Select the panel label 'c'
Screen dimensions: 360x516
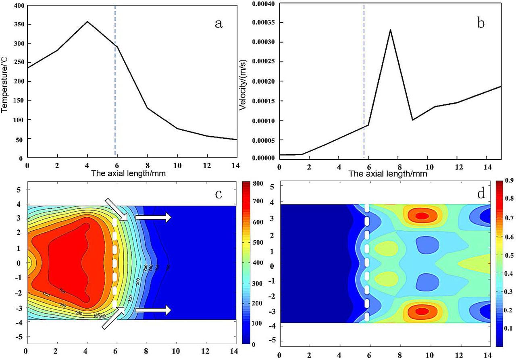tap(219, 194)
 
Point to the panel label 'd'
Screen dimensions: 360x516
tap(481, 194)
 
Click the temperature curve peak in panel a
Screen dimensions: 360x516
tap(87, 21)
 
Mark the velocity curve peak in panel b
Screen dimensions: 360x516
tap(390, 29)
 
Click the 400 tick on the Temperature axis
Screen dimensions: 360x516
tap(18, 6)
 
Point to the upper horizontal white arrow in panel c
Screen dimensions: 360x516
tap(153, 218)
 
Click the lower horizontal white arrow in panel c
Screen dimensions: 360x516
tap(153, 310)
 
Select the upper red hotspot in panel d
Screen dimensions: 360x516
tap(422, 216)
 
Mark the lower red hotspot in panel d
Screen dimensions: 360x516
tap(422, 311)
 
